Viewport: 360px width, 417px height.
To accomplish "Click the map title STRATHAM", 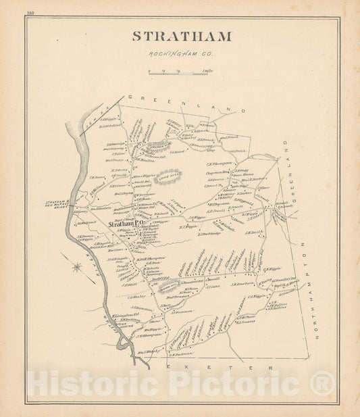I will click(181, 36).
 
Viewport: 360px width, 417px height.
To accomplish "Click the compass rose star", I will click(77, 266).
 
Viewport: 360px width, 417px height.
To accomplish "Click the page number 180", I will click(30, 14).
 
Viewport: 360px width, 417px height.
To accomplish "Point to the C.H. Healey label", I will click(135, 295).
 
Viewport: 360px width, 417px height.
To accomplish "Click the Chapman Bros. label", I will click(219, 173).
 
